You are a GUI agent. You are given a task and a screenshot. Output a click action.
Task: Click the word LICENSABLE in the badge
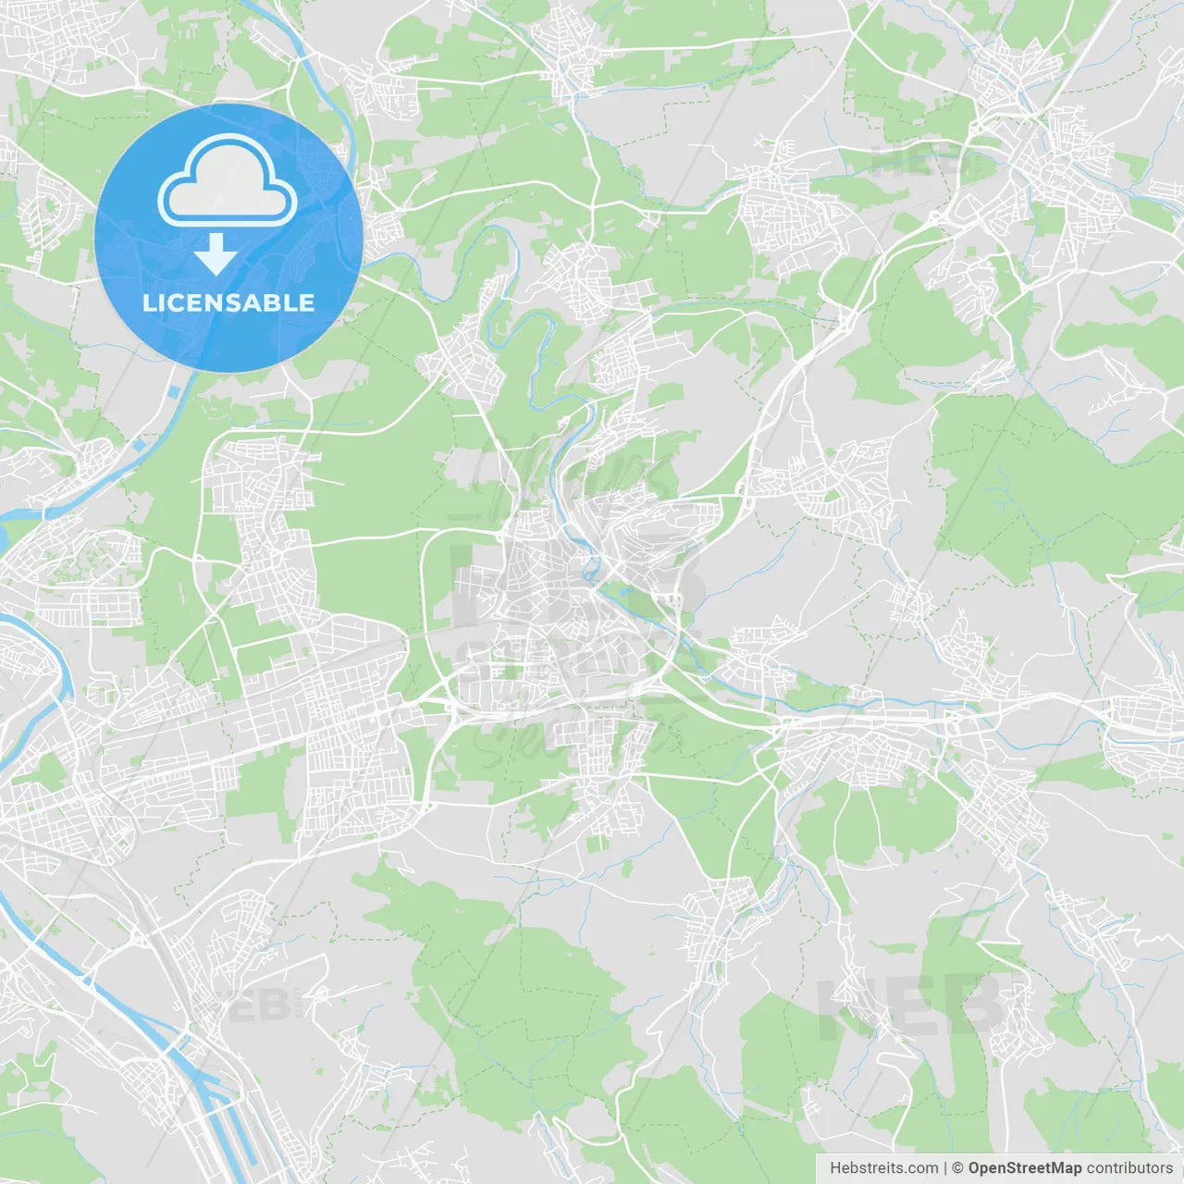[x=228, y=302]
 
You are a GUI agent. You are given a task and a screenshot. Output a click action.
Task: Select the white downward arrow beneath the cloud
[x=216, y=254]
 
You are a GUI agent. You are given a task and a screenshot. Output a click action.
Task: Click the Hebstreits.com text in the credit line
[x=883, y=1168]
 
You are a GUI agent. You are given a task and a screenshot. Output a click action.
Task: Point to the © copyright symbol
[x=958, y=1168]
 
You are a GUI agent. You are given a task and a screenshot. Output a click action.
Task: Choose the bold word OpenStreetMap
[x=1025, y=1168]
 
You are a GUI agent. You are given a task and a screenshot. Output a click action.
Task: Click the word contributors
[x=1129, y=1168]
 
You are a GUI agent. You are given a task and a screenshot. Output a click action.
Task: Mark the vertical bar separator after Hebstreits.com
[x=945, y=1168]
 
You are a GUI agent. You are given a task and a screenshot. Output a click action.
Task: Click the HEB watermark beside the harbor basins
[x=248, y=1005]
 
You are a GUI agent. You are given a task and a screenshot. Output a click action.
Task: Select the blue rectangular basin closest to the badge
[x=172, y=392]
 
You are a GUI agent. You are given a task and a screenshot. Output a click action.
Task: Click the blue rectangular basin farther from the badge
[x=139, y=445]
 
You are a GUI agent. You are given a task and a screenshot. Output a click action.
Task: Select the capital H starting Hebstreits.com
[x=835, y=1168]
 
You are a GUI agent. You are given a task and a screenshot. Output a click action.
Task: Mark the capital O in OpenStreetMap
[x=975, y=1168]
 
